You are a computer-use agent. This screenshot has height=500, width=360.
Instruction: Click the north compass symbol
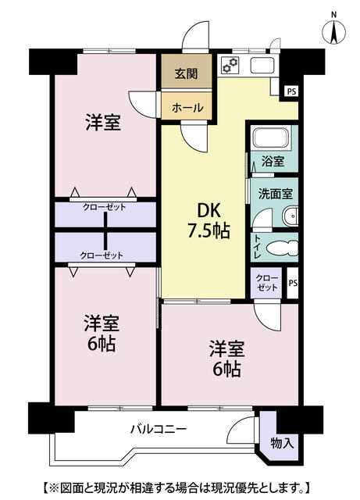pos(334,29)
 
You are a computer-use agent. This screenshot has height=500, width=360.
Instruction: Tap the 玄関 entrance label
pos(186,73)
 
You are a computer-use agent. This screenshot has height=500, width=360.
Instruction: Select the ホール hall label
pos(187,108)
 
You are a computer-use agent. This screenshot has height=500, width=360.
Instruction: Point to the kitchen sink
pos(262,66)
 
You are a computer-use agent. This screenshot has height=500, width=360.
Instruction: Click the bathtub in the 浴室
pos(272,137)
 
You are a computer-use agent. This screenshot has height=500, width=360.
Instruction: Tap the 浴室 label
pos(273,162)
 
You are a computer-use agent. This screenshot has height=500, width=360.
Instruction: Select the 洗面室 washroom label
pos(276,194)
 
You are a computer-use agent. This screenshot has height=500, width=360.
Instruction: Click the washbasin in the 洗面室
pos(290,216)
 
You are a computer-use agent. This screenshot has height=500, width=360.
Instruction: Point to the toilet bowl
pos(282,248)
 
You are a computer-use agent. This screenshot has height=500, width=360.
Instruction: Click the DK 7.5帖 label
pos(209,220)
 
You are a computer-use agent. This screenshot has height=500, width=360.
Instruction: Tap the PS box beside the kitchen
pos(291,92)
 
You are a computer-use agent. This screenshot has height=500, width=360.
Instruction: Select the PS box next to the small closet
pos(293,283)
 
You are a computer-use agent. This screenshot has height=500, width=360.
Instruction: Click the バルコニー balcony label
pos(159,429)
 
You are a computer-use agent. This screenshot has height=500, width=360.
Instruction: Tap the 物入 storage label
pos(282,443)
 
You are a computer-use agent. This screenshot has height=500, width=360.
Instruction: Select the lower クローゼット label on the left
pos(102,255)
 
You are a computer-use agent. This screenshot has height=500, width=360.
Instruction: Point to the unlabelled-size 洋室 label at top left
pos(103,123)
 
